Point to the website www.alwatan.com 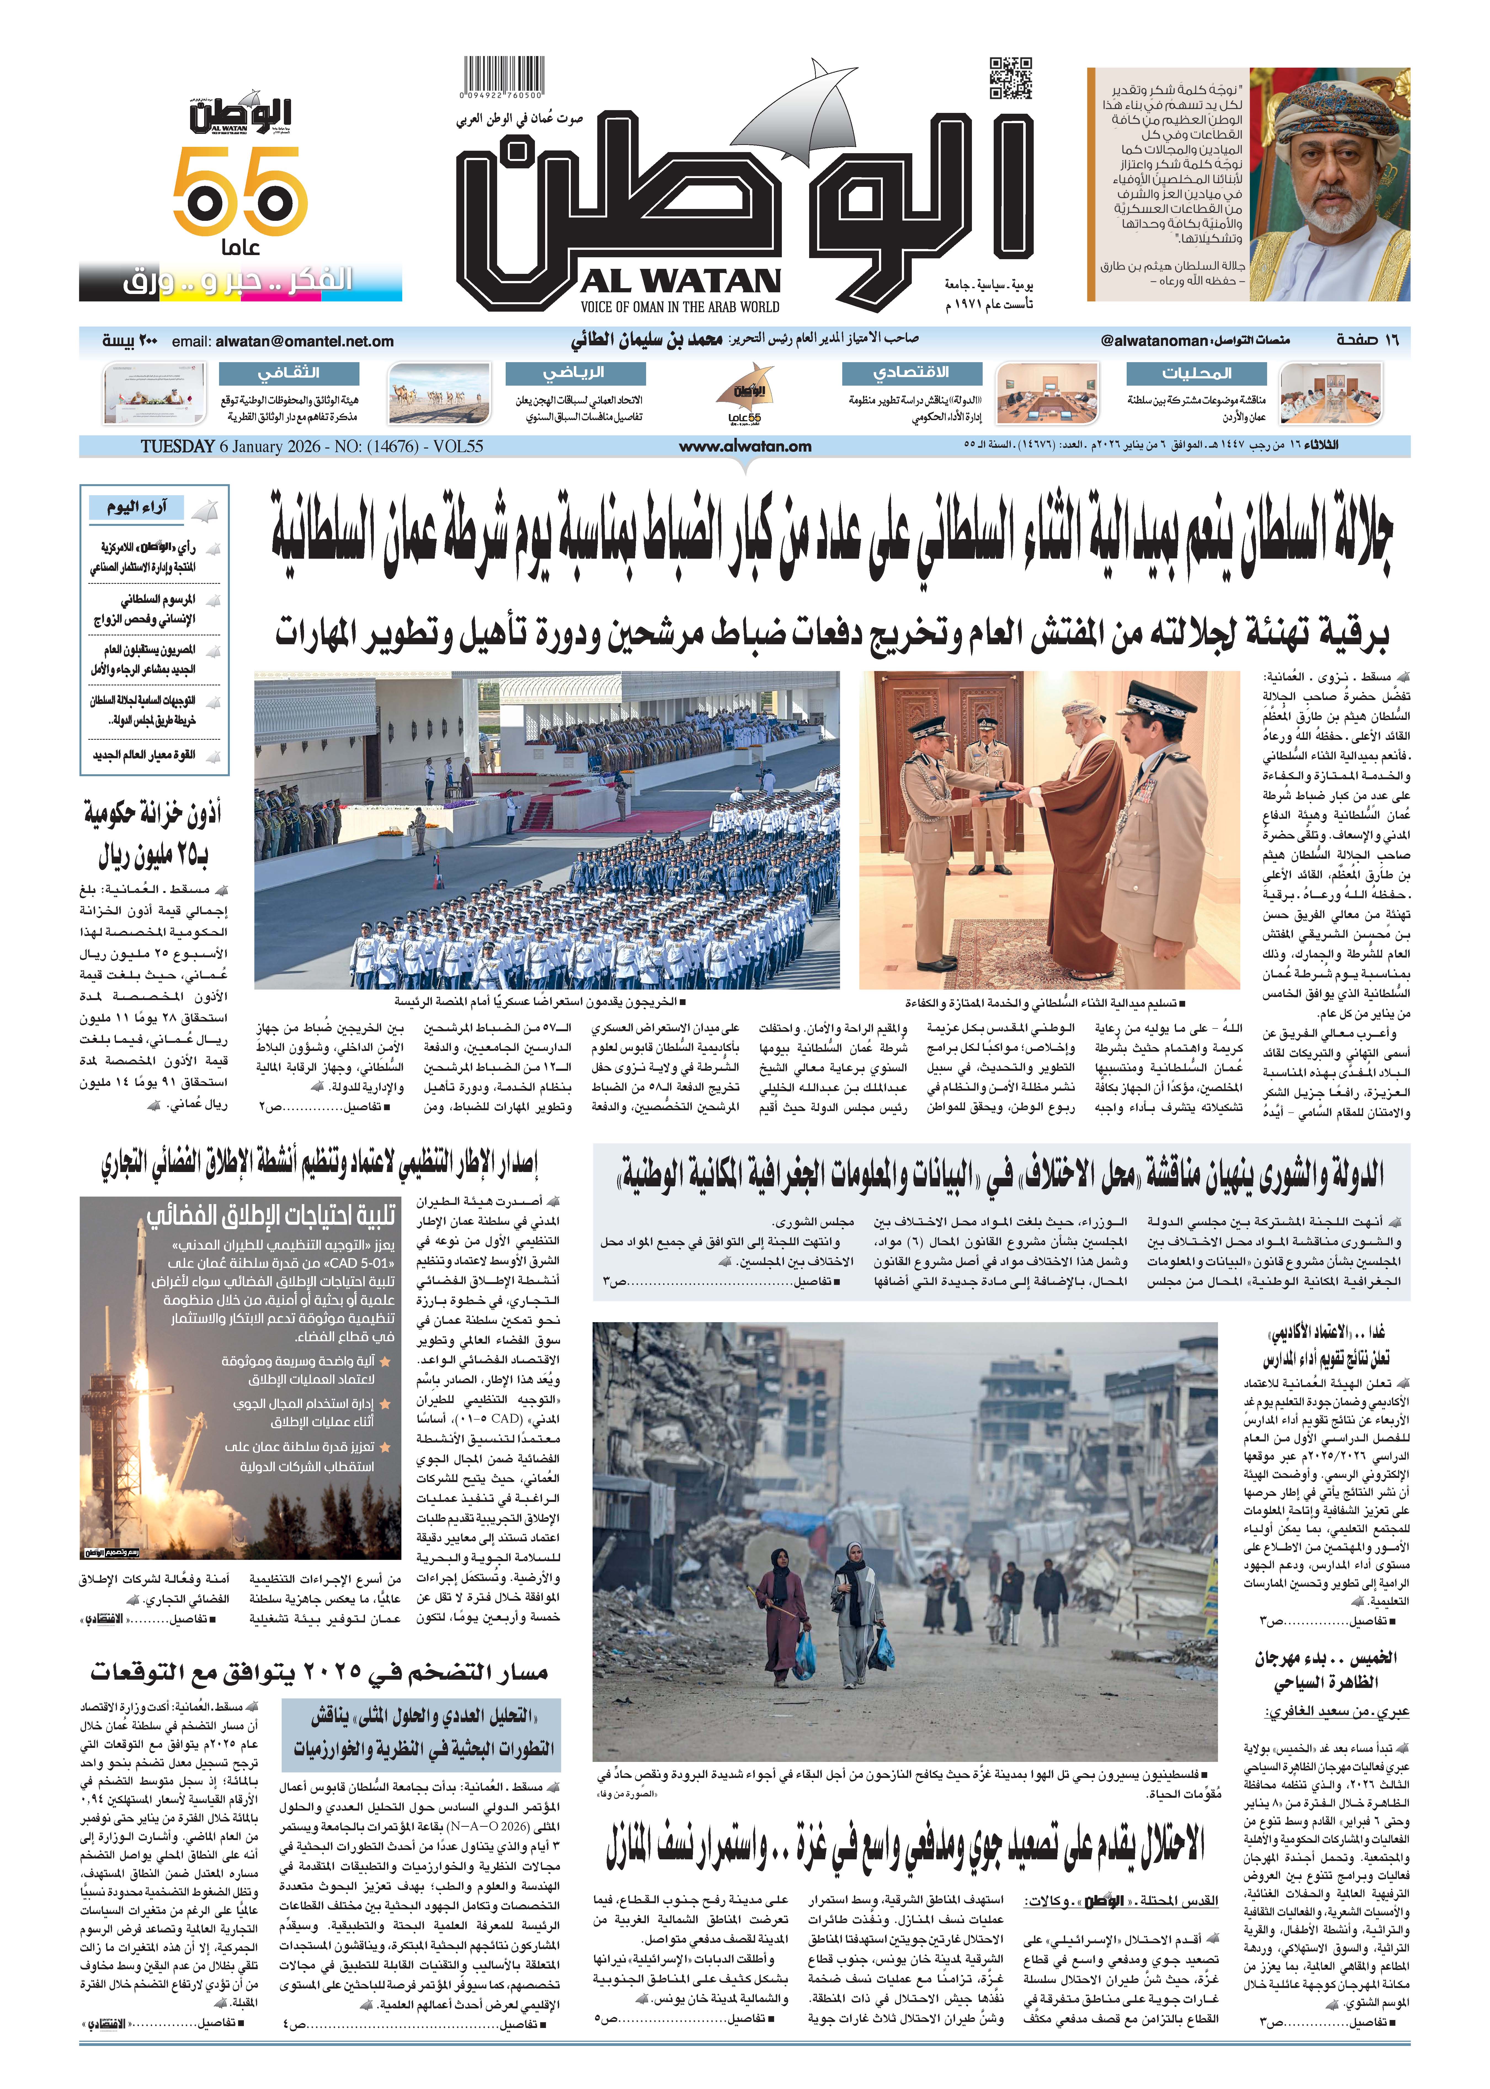coord(745,447)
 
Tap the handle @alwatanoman coord(1154,341)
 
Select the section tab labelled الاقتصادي coord(911,373)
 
